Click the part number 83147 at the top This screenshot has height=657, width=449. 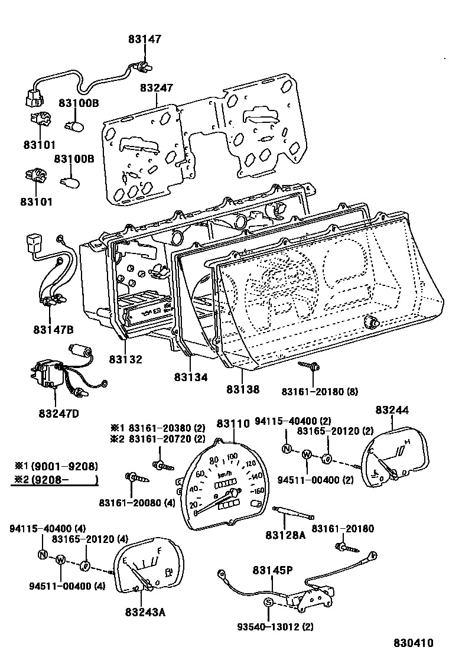145,40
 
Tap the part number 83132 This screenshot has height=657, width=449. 125,359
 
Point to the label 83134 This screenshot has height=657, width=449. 191,376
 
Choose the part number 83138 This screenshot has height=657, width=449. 243,390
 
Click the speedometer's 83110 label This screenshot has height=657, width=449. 233,424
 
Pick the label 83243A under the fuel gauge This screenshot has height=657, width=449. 145,612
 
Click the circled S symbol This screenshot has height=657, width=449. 268,602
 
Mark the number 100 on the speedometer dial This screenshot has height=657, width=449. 232,457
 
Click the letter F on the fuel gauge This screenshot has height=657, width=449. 158,552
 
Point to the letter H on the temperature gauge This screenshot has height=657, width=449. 406,442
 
